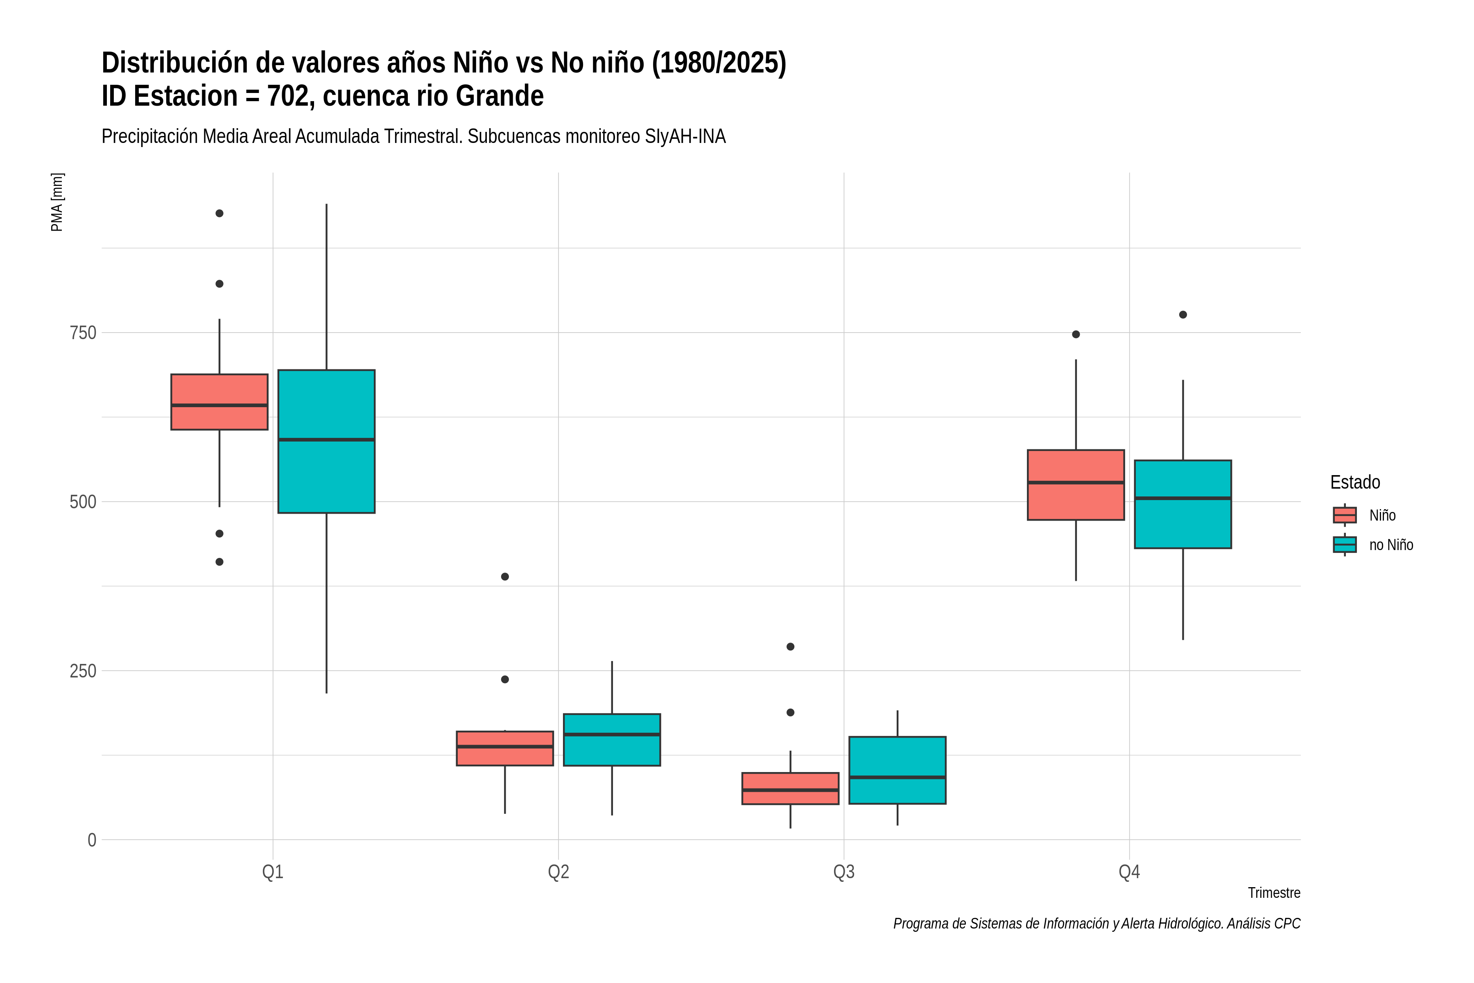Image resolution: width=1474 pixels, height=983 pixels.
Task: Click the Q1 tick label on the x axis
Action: point(273,872)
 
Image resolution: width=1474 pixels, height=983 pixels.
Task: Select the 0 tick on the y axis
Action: point(92,840)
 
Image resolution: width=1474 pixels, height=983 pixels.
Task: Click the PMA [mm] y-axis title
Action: point(57,202)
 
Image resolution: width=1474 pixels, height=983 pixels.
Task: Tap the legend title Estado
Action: point(1355,482)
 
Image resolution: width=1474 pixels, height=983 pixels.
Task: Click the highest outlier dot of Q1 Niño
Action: point(219,213)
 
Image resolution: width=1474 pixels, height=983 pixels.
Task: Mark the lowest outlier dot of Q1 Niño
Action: point(219,562)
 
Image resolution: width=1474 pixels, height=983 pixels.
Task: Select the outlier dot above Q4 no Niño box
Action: point(1182,315)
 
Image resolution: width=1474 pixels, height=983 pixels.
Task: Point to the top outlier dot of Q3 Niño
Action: point(790,646)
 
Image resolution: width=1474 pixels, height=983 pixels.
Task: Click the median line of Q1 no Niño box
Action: point(326,439)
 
